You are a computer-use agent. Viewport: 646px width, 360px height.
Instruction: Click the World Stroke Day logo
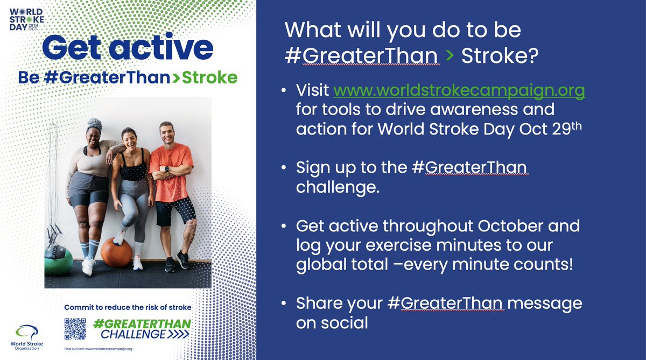tap(26, 19)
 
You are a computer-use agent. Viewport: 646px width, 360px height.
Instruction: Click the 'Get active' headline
tap(128, 47)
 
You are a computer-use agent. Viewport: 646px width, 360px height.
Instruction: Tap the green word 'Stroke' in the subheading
tap(209, 77)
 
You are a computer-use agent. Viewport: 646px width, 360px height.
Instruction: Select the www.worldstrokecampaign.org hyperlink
tap(459, 91)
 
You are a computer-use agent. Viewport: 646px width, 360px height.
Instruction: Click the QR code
tap(75, 329)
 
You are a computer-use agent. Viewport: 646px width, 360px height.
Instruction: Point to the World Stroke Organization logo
tap(26, 337)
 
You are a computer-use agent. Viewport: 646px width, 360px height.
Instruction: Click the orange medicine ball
tap(116, 252)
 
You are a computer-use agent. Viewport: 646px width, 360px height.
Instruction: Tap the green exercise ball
tap(59, 262)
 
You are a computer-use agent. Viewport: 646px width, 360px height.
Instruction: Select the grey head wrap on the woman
tap(95, 124)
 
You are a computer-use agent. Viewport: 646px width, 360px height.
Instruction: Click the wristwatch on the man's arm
tap(167, 169)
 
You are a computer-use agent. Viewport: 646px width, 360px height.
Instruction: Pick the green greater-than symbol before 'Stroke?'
tap(450, 55)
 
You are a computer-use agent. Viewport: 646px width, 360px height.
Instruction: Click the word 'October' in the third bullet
tap(510, 225)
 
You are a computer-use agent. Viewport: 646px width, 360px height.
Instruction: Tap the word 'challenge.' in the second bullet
tap(338, 187)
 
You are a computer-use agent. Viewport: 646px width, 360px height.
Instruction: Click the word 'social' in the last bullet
tap(345, 322)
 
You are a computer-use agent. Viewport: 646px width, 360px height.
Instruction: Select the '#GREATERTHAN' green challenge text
tap(142, 324)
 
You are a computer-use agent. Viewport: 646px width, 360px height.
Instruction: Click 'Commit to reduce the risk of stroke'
tap(128, 307)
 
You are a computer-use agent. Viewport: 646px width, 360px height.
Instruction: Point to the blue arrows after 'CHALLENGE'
tap(178, 334)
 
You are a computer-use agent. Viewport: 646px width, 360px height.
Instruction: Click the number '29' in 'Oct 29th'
tap(561, 129)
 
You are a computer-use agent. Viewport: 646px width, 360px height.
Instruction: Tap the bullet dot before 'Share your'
tap(284, 303)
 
